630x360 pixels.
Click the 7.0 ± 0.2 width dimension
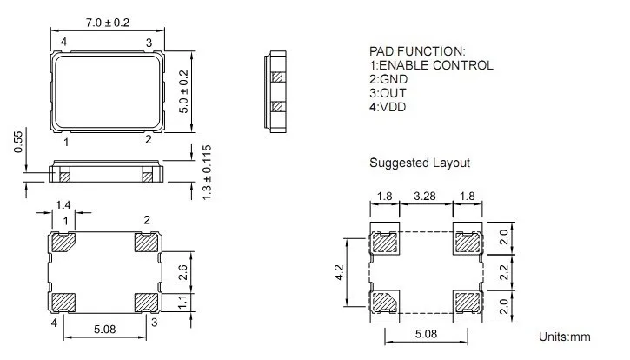(x=107, y=23)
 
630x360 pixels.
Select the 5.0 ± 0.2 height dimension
(x=183, y=91)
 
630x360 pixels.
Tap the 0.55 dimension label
(x=18, y=142)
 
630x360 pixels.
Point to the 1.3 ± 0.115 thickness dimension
(x=207, y=172)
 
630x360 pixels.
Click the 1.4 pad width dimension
(x=63, y=205)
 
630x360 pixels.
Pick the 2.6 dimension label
(x=182, y=272)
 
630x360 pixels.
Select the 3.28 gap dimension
(x=425, y=196)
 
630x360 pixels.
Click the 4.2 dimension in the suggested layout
(x=339, y=272)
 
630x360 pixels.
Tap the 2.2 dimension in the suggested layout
(x=504, y=272)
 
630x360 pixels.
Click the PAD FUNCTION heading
(x=417, y=51)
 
